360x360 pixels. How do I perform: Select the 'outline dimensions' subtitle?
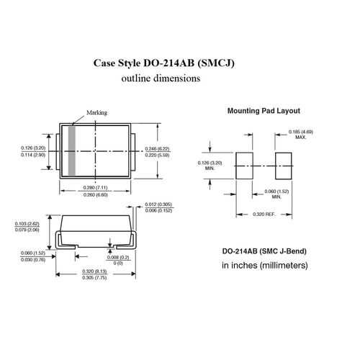(161, 79)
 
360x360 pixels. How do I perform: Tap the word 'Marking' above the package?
(96, 113)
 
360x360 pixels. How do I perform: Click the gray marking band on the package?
(72, 153)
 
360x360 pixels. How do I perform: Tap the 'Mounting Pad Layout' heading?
(264, 112)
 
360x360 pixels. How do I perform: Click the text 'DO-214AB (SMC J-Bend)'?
(264, 251)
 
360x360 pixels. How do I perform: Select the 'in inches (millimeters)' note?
(264, 266)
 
